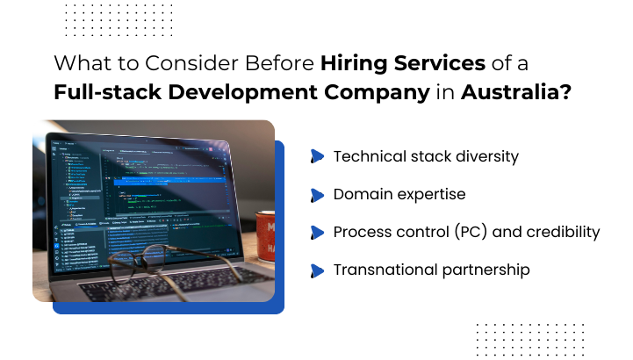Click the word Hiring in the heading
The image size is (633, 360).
coord(354,65)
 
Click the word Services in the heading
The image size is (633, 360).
coord(444,65)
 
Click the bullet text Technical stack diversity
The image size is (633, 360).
coord(426,156)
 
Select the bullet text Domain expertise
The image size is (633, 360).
coord(399,194)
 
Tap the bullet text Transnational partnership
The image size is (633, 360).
coord(431,270)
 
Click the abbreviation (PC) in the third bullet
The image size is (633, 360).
coord(471,232)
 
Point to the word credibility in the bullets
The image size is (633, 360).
coord(557,232)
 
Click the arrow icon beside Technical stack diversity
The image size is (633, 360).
coord(317,157)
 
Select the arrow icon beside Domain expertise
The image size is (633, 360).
coord(317,195)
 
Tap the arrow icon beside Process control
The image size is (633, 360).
coord(317,233)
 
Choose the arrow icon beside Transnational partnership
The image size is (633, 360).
coord(317,270)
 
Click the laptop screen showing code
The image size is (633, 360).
coord(140,184)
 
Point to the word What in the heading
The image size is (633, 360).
coord(76,65)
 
